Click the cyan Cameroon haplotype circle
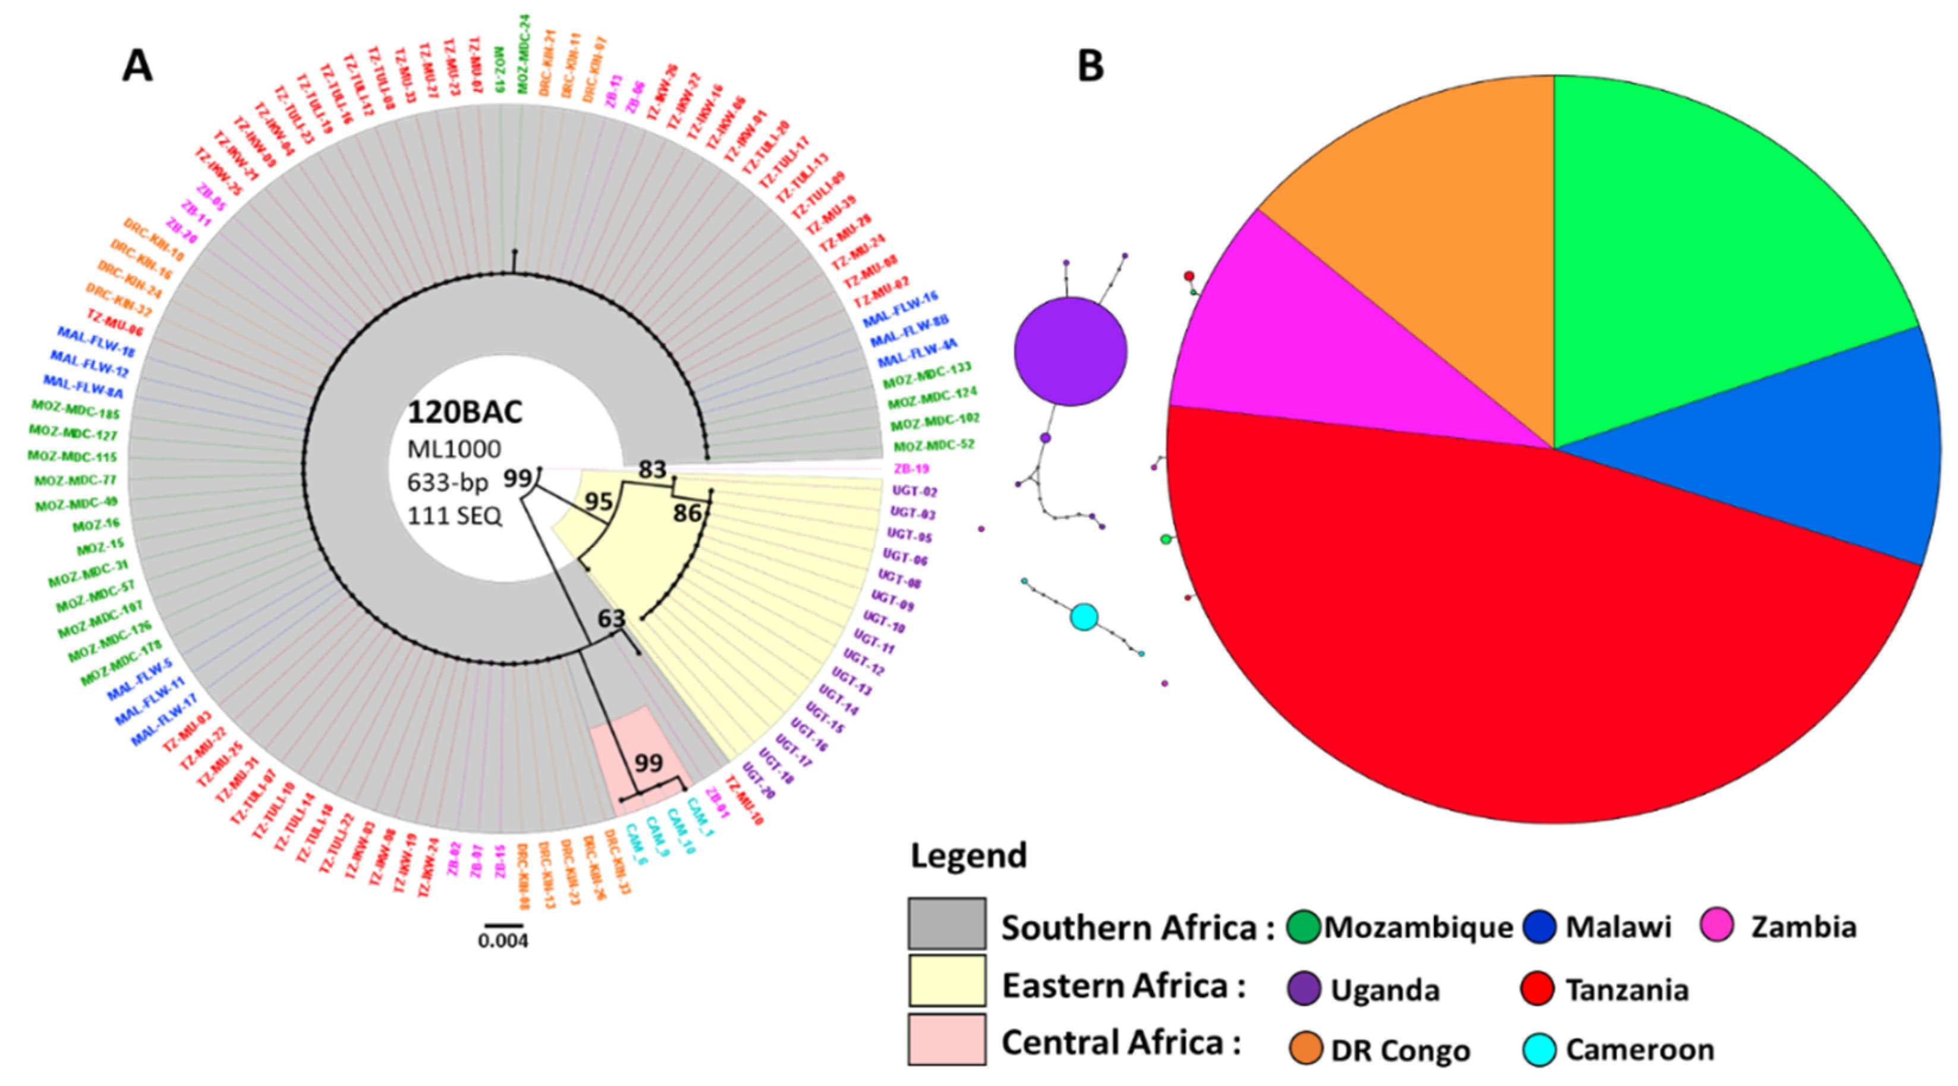click(1084, 616)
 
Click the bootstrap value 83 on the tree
click(652, 470)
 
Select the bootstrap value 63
click(611, 619)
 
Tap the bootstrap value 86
click(687, 514)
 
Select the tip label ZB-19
click(911, 469)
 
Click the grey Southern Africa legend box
click(946, 923)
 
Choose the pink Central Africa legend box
click(946, 1039)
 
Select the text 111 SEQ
click(455, 516)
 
